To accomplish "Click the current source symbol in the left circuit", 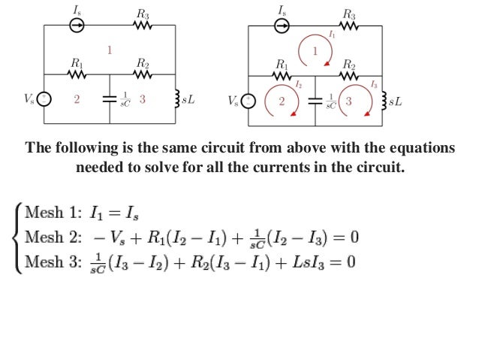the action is click(77, 25).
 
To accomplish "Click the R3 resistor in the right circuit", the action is click(349, 25).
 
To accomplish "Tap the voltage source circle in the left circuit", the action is click(44, 99).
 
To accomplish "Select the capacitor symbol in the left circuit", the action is click(110, 99).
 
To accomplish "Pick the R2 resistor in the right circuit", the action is click(349, 75).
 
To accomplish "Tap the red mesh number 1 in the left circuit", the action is click(110, 50).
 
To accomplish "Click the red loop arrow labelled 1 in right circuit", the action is click(315, 50).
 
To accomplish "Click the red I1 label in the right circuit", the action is click(332, 35).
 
